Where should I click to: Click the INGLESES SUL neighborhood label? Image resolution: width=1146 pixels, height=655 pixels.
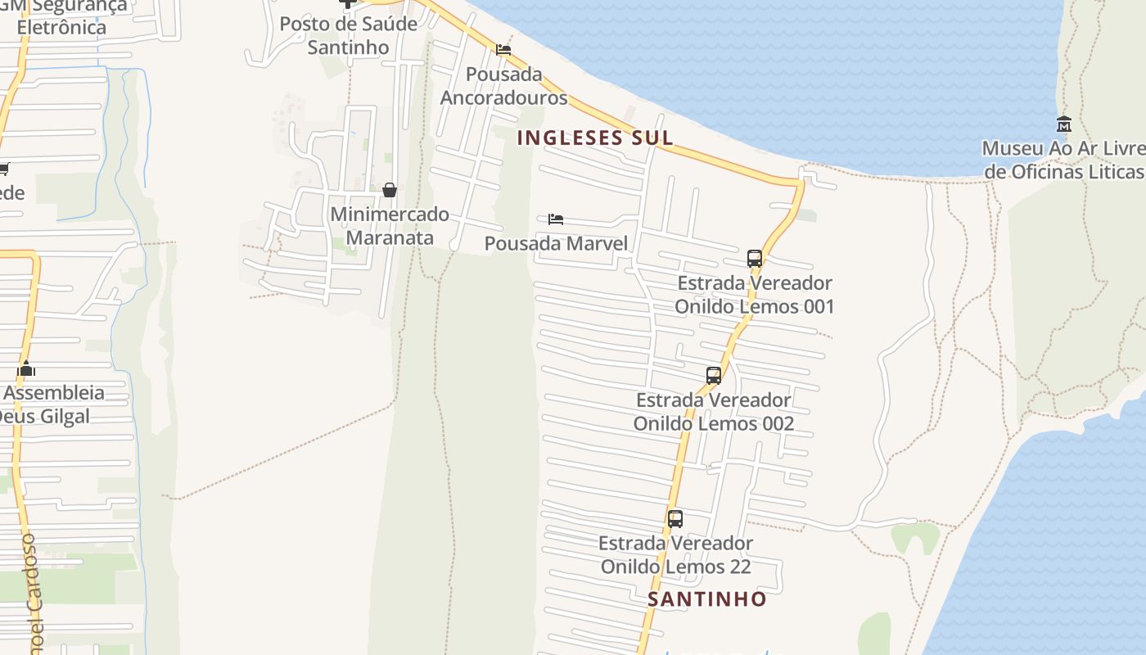point(595,138)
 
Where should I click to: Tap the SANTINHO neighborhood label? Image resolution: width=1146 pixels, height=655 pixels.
point(707,599)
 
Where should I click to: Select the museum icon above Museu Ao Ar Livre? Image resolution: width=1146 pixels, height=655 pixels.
point(1064,124)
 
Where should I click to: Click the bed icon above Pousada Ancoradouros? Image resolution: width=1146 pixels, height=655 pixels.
point(503,50)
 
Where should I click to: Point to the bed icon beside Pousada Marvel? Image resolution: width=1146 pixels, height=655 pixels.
point(556,219)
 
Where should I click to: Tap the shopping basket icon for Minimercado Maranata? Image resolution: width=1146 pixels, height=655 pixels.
point(390,190)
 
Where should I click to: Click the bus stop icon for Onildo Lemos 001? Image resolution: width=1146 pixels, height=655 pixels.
point(755,259)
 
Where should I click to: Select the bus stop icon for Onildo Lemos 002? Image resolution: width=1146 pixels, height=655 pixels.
point(714,376)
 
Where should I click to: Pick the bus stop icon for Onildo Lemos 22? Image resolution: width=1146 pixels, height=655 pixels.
point(675,518)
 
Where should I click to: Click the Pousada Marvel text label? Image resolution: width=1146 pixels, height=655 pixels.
point(556,243)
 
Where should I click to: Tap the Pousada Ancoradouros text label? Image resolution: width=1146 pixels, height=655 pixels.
point(503,86)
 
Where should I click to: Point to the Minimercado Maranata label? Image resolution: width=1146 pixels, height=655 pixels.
point(390,226)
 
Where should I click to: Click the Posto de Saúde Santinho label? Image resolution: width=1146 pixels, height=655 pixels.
point(349,35)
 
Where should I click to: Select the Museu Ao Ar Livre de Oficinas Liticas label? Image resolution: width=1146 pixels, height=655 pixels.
point(1063,160)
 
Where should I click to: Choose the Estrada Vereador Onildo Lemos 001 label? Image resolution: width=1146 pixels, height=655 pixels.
point(754,295)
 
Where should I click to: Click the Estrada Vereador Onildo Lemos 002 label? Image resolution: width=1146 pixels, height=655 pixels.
point(714,412)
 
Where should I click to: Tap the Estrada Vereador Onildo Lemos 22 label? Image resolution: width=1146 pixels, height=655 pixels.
point(675,554)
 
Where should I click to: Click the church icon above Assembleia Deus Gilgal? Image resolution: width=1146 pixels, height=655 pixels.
point(26,369)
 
